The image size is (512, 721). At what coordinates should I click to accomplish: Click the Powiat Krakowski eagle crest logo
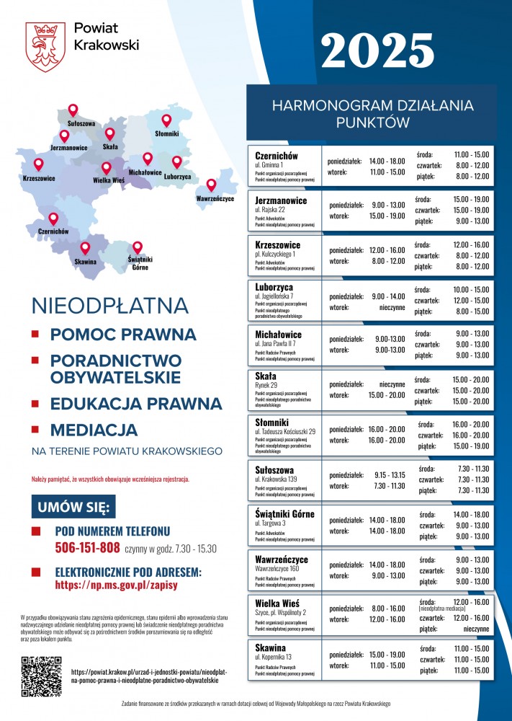[45, 46]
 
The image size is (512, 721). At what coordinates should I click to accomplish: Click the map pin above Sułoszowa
[73, 110]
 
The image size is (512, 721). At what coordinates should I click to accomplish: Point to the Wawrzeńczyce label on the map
[215, 198]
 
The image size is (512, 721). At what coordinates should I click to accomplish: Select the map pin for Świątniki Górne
[138, 247]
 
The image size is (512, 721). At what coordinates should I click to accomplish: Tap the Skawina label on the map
[85, 262]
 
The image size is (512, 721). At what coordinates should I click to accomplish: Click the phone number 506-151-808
[87, 548]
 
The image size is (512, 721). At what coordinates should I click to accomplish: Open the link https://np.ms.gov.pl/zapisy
[116, 585]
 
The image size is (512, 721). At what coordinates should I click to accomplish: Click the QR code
[41, 676]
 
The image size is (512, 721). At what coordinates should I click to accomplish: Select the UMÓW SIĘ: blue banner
[73, 507]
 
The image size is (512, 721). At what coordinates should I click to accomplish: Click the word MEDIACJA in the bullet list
[94, 430]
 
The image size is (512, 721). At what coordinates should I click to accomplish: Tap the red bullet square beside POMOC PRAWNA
[35, 335]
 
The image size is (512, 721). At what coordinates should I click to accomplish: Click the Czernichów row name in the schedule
[277, 156]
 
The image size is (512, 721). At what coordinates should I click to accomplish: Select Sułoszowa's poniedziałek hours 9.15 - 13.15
[390, 474]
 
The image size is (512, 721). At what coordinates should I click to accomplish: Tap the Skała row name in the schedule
[266, 376]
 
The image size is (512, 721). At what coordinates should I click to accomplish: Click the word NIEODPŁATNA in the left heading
[109, 306]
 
